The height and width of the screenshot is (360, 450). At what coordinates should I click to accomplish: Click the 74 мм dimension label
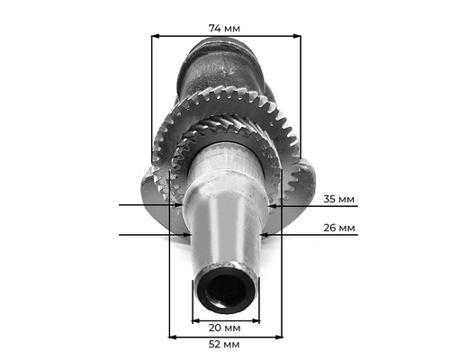click(x=224, y=29)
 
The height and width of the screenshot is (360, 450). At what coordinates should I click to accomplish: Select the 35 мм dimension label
click(x=338, y=199)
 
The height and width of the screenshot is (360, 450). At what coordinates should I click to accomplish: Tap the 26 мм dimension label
click(x=339, y=228)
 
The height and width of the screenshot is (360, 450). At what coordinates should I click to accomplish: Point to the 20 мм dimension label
click(x=224, y=328)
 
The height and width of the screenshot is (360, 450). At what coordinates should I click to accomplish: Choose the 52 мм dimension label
click(x=224, y=345)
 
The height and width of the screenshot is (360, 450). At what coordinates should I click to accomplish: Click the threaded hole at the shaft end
click(x=227, y=291)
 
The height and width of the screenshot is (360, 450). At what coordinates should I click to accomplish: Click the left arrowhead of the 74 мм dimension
click(x=155, y=36)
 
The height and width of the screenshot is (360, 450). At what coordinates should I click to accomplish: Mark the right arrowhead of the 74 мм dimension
click(x=297, y=36)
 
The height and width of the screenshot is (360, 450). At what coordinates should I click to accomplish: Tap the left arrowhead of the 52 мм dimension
click(x=173, y=337)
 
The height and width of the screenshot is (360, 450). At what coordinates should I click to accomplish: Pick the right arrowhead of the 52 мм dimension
click(x=279, y=337)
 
